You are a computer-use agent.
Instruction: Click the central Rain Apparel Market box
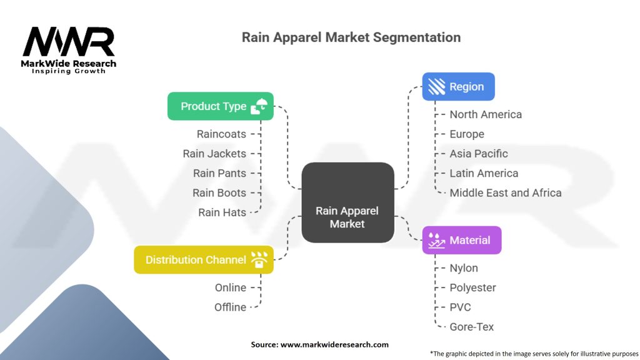point(347,202)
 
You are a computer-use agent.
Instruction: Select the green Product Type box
point(220,106)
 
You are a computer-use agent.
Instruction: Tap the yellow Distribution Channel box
point(204,259)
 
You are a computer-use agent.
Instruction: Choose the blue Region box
point(458,87)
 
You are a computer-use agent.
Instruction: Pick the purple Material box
point(462,240)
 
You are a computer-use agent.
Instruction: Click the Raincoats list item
point(221,134)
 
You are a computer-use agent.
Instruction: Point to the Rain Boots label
point(219,192)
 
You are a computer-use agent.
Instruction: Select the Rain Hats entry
point(222,212)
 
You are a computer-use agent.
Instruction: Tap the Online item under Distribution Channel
point(230,287)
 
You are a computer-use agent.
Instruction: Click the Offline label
point(230,307)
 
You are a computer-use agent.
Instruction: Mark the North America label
point(486,114)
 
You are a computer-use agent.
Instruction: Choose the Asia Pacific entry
point(479,153)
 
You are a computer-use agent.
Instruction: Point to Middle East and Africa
point(505,192)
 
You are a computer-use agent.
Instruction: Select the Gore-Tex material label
point(472,326)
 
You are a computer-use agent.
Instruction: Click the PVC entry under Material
point(460,307)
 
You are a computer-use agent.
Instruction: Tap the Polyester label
point(472,287)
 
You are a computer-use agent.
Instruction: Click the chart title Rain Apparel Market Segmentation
point(351,37)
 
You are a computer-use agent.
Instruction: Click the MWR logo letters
point(69,42)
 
